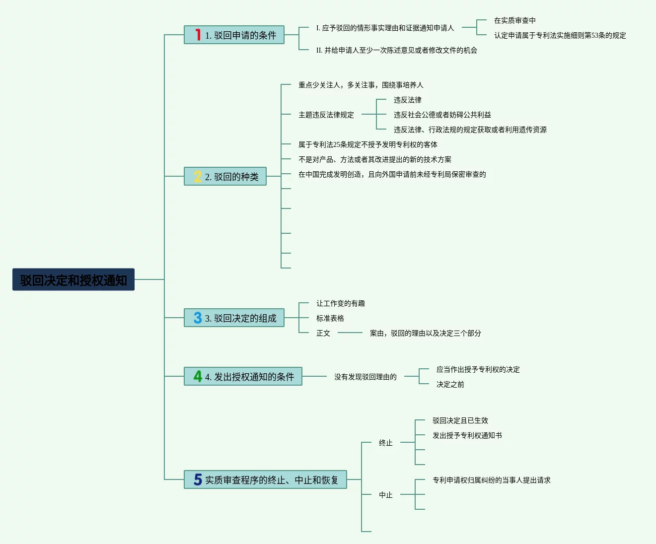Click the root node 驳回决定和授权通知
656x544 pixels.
[x=73, y=280]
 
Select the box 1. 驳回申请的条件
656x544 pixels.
[x=234, y=35]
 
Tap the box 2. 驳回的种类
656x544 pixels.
[x=225, y=176]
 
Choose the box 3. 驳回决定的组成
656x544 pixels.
[x=234, y=318]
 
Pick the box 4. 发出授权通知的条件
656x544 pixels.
[x=243, y=376]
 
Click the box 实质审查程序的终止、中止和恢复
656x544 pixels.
[x=265, y=479]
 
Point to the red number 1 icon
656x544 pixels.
[x=198, y=35]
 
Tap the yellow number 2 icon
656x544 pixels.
[x=198, y=176]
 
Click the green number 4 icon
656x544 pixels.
[x=198, y=376]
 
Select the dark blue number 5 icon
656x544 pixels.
[x=198, y=479]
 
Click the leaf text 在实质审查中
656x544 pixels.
[x=514, y=20]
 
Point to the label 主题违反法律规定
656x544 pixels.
[x=326, y=115]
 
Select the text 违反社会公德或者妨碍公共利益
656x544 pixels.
[x=442, y=115]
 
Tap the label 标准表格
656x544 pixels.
[x=330, y=318]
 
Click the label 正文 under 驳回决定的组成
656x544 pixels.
[x=323, y=333]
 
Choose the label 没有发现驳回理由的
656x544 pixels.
[x=365, y=377]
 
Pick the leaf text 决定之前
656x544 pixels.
[x=450, y=384]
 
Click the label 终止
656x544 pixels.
[x=385, y=443]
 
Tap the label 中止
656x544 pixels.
[x=385, y=495]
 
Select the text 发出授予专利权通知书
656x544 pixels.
[x=467, y=435]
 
